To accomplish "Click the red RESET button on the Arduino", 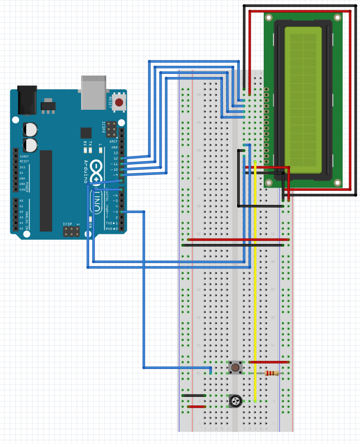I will [119, 102].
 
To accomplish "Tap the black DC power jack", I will [27, 100].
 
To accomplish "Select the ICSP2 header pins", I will [111, 129].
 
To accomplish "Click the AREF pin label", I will [114, 141].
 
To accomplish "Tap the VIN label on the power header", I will [22, 189].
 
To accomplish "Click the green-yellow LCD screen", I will [303, 98].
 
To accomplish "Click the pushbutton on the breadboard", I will [235, 367].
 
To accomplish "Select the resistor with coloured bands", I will [271, 373].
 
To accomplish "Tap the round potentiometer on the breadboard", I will [235, 402].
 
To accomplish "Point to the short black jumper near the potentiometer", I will [194, 395].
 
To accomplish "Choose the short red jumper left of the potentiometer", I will [196, 407].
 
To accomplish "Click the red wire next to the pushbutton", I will [268, 362].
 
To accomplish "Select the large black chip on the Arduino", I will [46, 190].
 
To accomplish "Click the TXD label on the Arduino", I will [109, 223].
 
